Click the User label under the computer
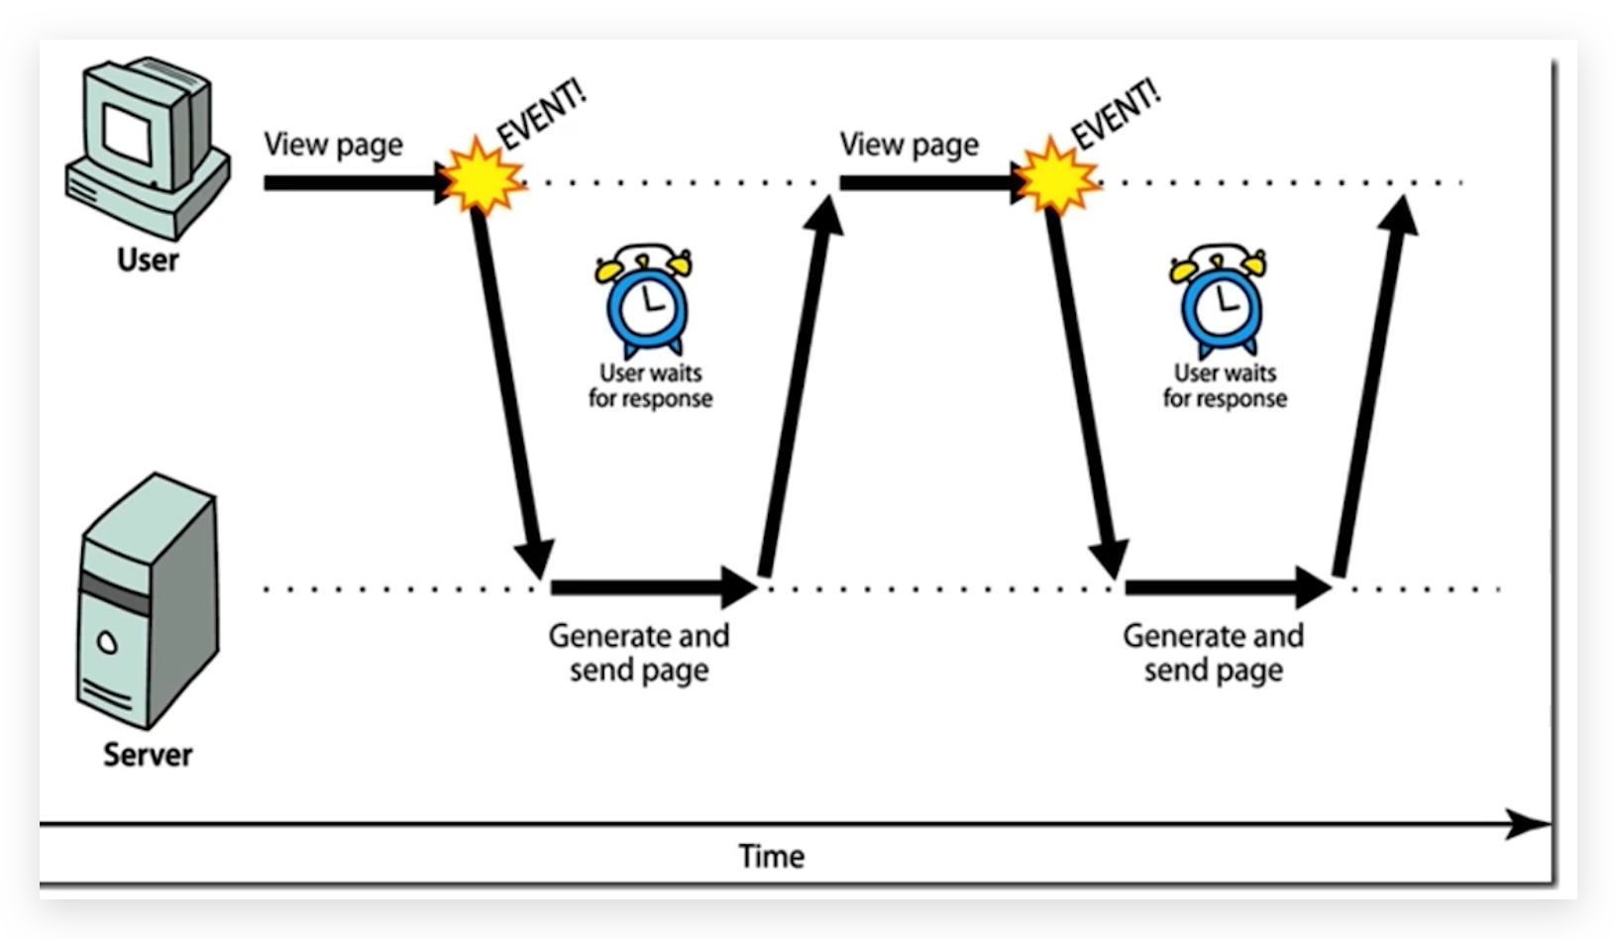[x=148, y=260]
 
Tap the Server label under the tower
[x=148, y=755]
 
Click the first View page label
[x=333, y=145]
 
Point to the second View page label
[x=909, y=145]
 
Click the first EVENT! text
[x=541, y=113]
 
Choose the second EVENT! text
[x=1115, y=113]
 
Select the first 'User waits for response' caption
[x=650, y=385]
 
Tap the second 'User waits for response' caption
[x=1225, y=385]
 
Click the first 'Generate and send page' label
[x=639, y=652]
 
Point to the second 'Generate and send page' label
[x=1213, y=652]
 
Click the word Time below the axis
[x=771, y=856]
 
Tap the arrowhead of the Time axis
[x=1528, y=823]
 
